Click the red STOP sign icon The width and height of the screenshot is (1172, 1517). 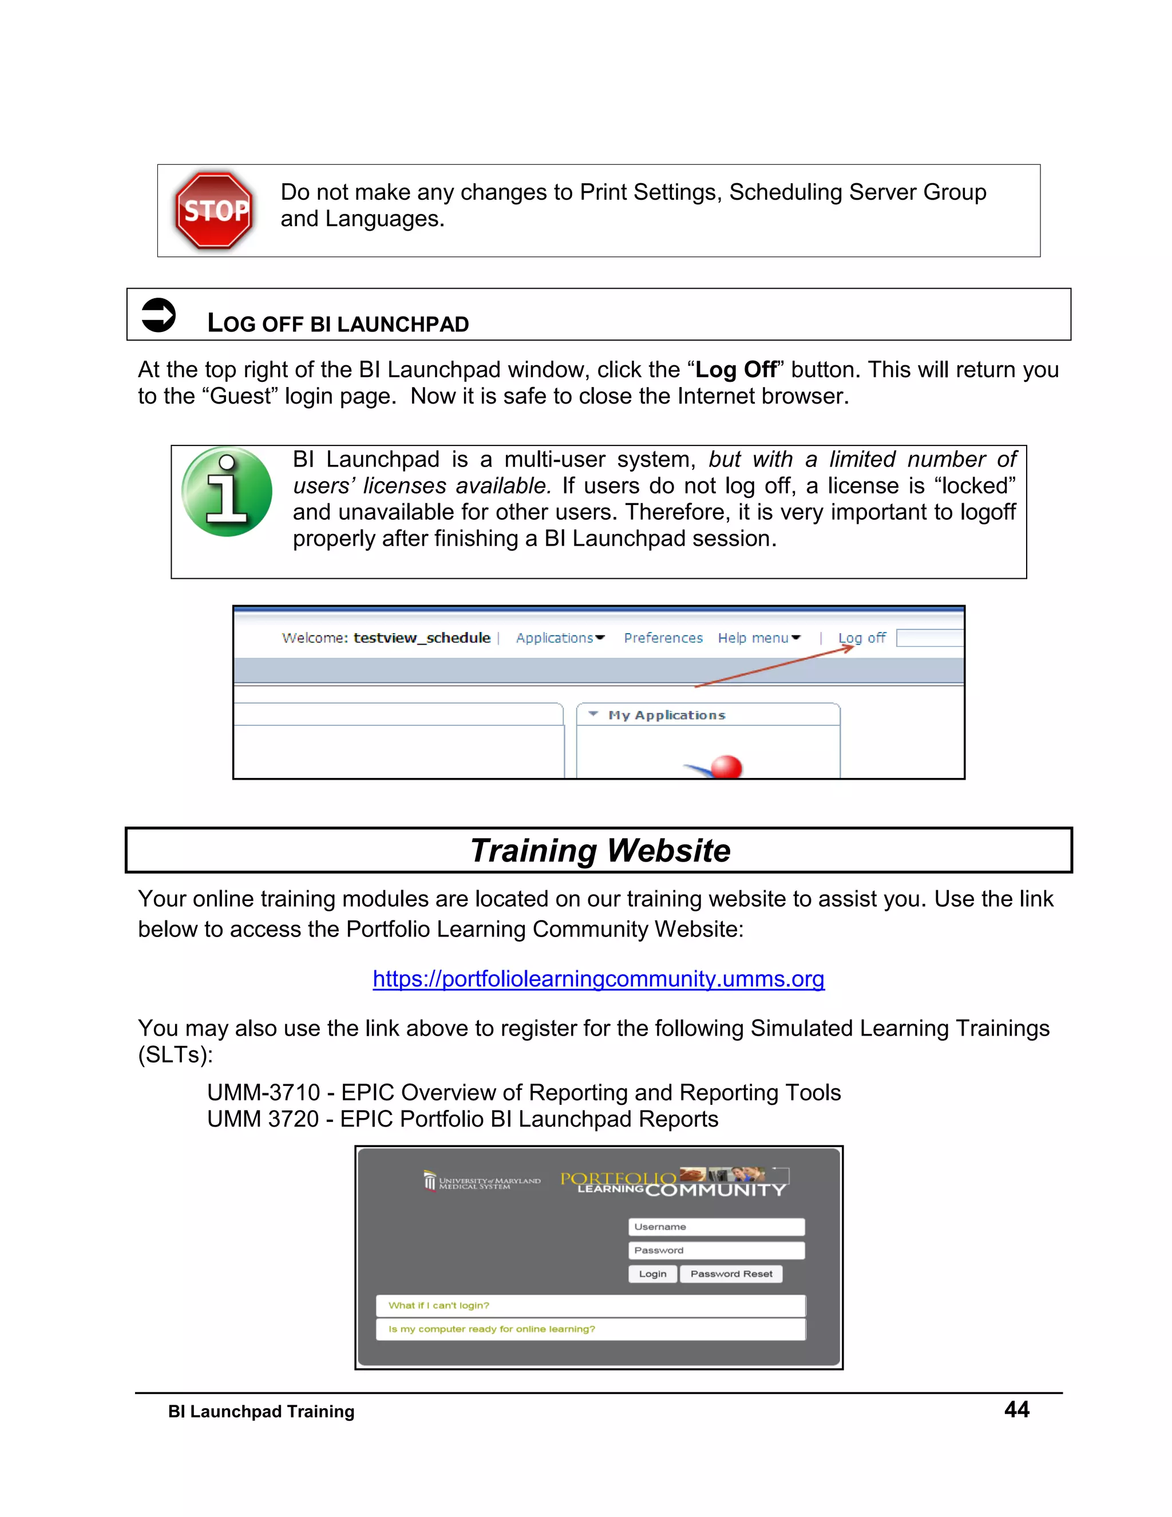coord(215,211)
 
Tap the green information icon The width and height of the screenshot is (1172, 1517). coord(227,492)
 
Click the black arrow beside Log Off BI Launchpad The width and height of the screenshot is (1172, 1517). coord(159,315)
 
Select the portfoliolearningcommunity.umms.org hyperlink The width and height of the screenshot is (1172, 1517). coord(599,979)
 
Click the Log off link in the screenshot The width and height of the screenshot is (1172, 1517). coord(862,638)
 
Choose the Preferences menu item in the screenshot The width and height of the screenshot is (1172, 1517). coord(663,638)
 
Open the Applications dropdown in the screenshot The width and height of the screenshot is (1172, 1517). coord(560,638)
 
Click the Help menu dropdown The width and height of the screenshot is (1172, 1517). coord(759,638)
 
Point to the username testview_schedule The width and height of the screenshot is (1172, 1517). coord(421,638)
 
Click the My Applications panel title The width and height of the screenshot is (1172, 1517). coord(667,715)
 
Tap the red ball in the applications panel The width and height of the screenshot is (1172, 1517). coord(727,767)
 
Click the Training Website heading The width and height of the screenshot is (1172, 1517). coord(600,850)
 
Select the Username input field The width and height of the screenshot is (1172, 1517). coord(716,1227)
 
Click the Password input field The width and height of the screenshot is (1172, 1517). coord(716,1250)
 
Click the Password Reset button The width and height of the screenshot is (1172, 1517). coord(731,1274)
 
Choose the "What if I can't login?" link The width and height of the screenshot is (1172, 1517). coord(439,1305)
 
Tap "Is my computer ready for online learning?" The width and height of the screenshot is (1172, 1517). coord(492,1329)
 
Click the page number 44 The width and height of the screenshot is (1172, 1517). coord(1016,1409)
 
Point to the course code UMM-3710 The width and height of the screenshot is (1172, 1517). coord(263,1093)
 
